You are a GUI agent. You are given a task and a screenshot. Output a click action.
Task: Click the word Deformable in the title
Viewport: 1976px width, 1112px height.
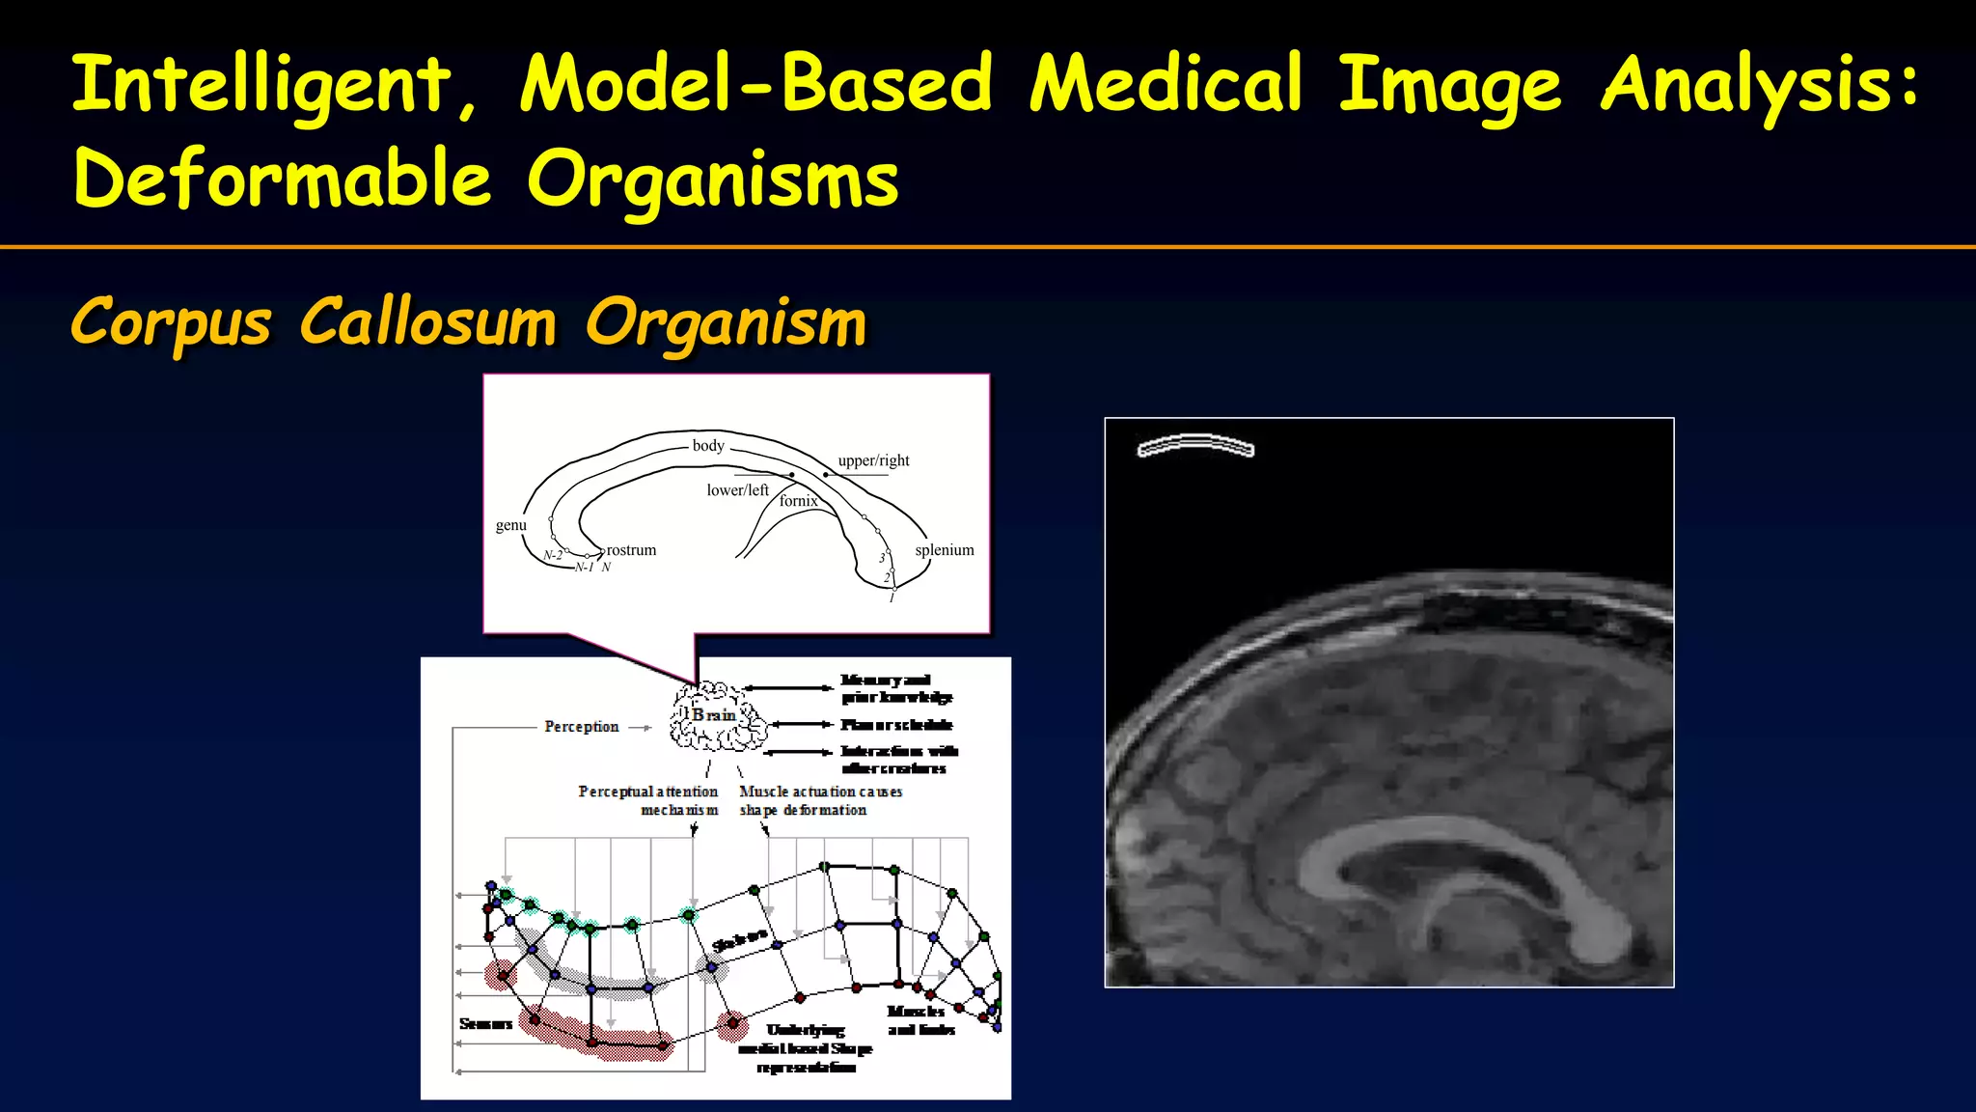283,180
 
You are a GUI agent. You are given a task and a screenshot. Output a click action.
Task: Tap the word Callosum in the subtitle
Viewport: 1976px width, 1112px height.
427,322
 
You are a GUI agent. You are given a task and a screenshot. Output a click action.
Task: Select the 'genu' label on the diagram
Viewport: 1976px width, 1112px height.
510,526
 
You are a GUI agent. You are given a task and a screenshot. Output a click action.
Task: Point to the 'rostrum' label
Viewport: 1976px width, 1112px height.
631,550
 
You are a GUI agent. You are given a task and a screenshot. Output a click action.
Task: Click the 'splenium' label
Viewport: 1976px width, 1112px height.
944,550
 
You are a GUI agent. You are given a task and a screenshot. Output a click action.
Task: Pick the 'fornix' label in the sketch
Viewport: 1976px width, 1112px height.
798,501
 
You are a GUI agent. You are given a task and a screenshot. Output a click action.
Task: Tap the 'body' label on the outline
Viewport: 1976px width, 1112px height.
707,446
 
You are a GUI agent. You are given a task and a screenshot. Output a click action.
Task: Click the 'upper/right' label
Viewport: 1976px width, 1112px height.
873,461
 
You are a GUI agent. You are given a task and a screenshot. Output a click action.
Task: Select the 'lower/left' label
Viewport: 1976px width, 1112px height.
737,490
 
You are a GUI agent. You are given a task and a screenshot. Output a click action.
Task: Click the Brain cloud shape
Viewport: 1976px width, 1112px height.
717,717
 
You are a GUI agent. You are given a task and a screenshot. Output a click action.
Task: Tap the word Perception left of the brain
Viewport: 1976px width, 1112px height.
581,727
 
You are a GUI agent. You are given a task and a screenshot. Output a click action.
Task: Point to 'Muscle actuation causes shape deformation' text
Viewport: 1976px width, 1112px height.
819,800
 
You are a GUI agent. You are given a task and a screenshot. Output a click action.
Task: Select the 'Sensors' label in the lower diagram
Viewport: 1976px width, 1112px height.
485,1024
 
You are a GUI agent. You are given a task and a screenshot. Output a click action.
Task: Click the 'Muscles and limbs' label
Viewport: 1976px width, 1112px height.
919,1020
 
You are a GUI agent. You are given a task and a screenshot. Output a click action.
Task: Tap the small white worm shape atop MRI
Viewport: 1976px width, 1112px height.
1195,445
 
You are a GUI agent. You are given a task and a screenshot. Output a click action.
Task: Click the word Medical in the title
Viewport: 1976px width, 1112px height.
1166,84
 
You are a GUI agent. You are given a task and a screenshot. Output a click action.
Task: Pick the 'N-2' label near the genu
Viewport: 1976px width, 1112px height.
552,556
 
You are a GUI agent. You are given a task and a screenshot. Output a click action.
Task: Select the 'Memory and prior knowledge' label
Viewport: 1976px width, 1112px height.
895,688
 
